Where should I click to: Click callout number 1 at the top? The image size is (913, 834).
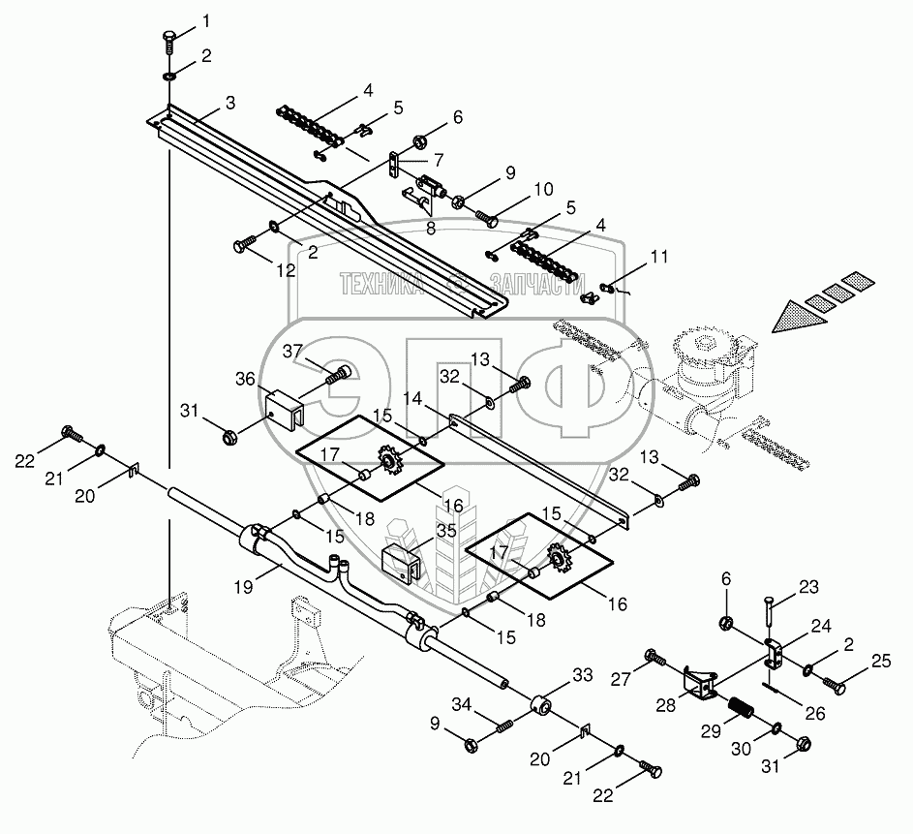(x=203, y=20)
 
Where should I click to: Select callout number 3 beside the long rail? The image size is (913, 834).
(x=229, y=103)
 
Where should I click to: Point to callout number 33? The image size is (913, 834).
(x=582, y=674)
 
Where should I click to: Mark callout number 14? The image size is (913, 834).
(x=413, y=398)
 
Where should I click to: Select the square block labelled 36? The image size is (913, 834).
(x=283, y=408)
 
